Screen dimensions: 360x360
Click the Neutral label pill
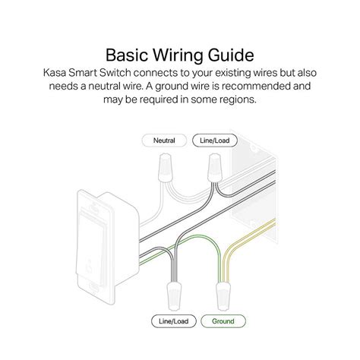click(164, 141)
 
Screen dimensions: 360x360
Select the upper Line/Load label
click(215, 141)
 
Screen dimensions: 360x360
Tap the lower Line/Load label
click(174, 321)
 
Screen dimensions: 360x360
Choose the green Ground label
click(223, 321)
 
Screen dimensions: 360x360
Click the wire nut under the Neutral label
click(166, 167)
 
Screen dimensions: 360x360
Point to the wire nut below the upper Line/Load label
click(215, 167)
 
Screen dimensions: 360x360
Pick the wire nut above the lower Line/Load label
click(175, 295)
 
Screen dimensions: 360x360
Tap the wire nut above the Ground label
click(224, 295)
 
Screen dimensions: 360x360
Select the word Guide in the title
click(231, 55)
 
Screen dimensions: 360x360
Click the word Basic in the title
click(127, 55)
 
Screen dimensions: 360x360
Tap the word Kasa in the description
click(55, 73)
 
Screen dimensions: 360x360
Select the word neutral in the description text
click(104, 87)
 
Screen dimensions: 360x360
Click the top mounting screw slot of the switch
click(93, 208)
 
